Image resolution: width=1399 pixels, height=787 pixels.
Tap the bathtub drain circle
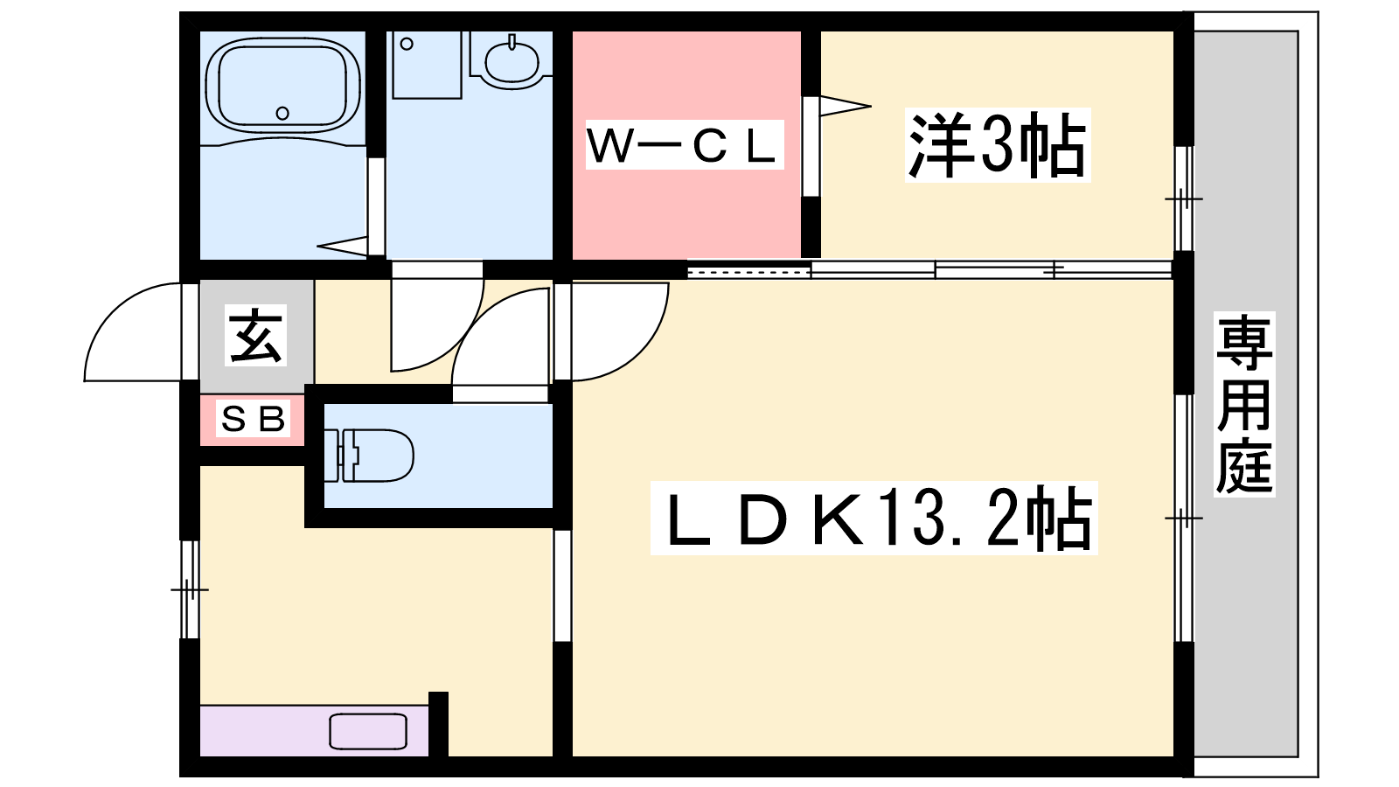282,113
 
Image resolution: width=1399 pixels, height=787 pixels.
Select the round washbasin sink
511,60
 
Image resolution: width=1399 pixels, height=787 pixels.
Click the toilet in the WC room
368,455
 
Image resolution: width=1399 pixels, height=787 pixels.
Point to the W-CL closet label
684,145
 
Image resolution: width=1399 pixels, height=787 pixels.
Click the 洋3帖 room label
998,145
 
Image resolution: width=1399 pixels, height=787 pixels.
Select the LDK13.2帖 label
874,518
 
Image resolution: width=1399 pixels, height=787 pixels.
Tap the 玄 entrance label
256,336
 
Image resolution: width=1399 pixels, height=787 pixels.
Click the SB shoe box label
254,420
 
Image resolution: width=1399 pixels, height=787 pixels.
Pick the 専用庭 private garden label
1244,404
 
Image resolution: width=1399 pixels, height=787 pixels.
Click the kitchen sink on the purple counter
368,731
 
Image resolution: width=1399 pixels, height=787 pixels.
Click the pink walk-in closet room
686,145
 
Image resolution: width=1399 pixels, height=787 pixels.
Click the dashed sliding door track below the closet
749,272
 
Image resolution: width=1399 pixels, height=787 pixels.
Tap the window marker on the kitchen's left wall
189,590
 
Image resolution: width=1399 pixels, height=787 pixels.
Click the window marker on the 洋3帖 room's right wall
1183,199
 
